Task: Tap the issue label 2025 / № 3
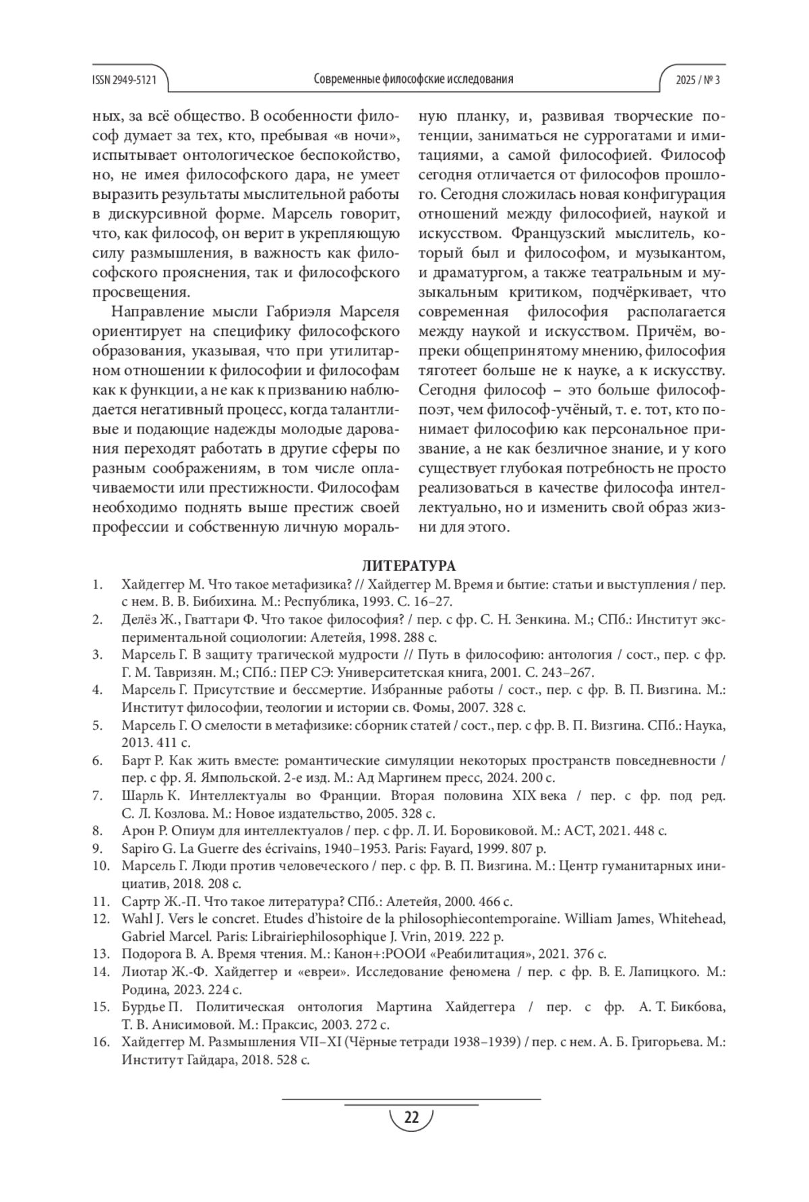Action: point(698,80)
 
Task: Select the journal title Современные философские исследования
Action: point(413,80)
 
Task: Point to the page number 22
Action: point(411,1118)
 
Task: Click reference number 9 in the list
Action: point(98,848)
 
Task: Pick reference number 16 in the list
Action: point(101,1042)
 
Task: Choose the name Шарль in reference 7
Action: point(140,795)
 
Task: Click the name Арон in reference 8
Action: point(136,831)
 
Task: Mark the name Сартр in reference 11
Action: point(138,901)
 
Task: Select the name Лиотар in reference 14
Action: point(143,971)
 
